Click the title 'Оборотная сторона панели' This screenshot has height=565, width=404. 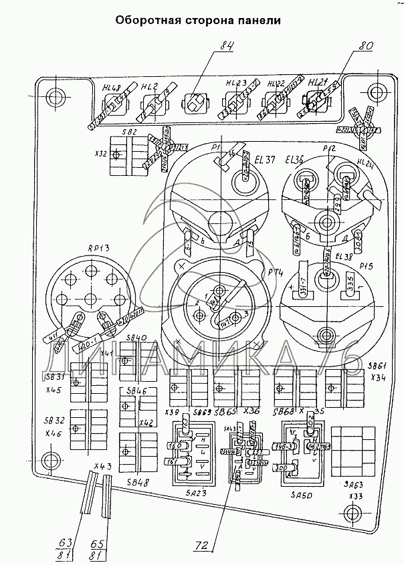point(197,20)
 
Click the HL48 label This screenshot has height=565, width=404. point(111,87)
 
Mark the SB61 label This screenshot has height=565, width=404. point(379,366)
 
